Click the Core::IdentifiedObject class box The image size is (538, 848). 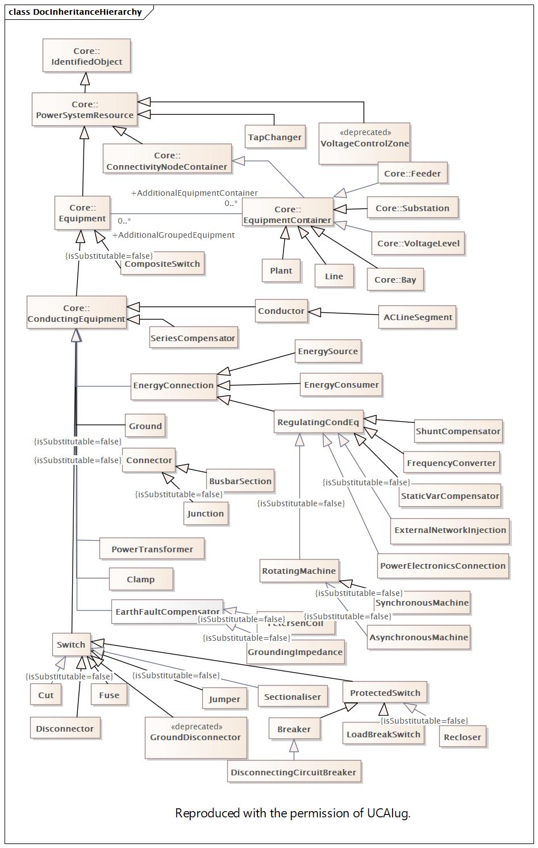point(86,56)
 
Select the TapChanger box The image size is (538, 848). point(274,137)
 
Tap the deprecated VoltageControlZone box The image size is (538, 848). point(364,143)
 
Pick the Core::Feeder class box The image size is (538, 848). point(412,174)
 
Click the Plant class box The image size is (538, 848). point(281,271)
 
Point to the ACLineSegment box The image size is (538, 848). point(418,317)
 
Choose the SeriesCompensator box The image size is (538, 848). point(193,338)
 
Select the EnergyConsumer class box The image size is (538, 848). point(341,385)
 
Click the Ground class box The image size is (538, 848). point(145,426)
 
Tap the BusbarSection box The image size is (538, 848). point(240,481)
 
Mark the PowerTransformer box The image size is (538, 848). point(152,549)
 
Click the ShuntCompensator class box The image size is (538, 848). point(458,431)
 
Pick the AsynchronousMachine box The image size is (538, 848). point(418,637)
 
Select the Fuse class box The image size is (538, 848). point(109,695)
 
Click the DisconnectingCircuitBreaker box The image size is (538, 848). point(293,773)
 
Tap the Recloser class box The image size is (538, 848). point(462,737)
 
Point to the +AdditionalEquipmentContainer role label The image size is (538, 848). point(194,193)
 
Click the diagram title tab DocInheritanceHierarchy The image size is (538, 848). point(76,12)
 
